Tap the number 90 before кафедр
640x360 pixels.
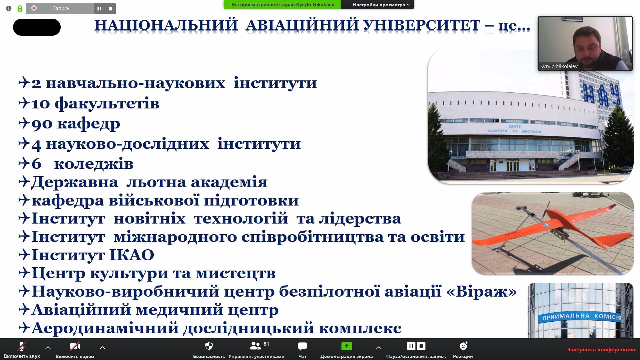point(42,124)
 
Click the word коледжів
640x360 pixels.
point(94,164)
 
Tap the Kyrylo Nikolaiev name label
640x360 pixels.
point(559,66)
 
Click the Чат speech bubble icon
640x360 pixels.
point(302,346)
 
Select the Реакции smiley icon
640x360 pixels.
point(463,346)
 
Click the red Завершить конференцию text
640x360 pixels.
point(601,350)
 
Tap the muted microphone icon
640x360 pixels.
point(22,346)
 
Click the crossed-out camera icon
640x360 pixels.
point(75,346)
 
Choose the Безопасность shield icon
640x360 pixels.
point(209,346)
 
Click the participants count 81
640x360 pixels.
point(266,344)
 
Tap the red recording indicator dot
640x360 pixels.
point(34,8)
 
